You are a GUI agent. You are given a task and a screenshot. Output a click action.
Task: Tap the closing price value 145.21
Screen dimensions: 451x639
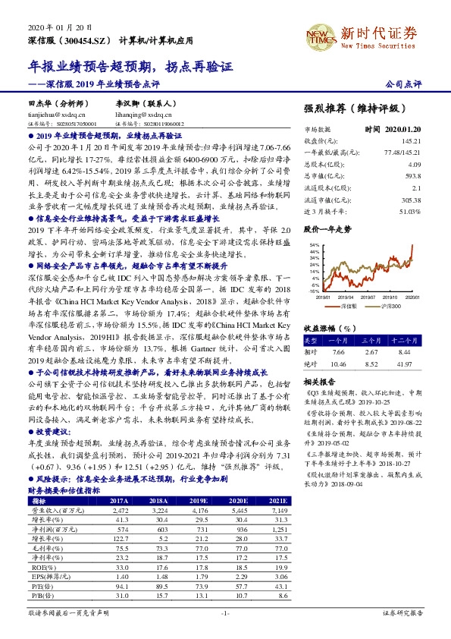click(412, 140)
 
